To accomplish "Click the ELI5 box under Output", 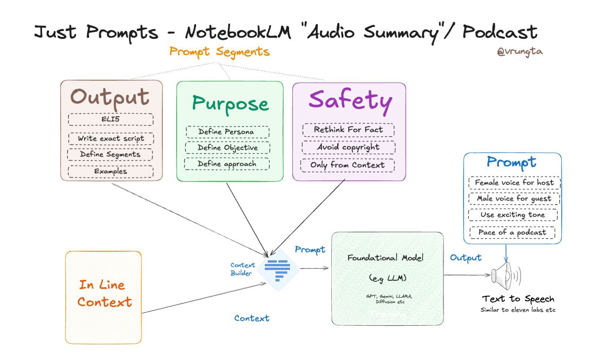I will pos(110,119).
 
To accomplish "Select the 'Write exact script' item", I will pos(111,138).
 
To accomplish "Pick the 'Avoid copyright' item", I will pos(348,147).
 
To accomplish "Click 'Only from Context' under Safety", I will pos(347,165).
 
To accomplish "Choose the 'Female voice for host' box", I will pos(514,182).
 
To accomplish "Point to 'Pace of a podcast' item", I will pos(512,232).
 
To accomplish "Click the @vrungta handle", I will pos(520,51).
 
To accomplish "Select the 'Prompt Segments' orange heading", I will pos(219,52).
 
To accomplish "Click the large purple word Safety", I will pos(350,100).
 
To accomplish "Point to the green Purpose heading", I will pos(230,104).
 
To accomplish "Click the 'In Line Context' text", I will pos(104,294).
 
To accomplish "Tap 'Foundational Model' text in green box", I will pos(385,258).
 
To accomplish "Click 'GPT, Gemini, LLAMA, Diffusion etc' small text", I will pos(389,299).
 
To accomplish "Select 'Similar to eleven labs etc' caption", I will pos(518,310).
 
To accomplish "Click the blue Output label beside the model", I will pos(465,258).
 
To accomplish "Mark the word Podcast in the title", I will pos(500,32).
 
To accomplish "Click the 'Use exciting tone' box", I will pos(512,215).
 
